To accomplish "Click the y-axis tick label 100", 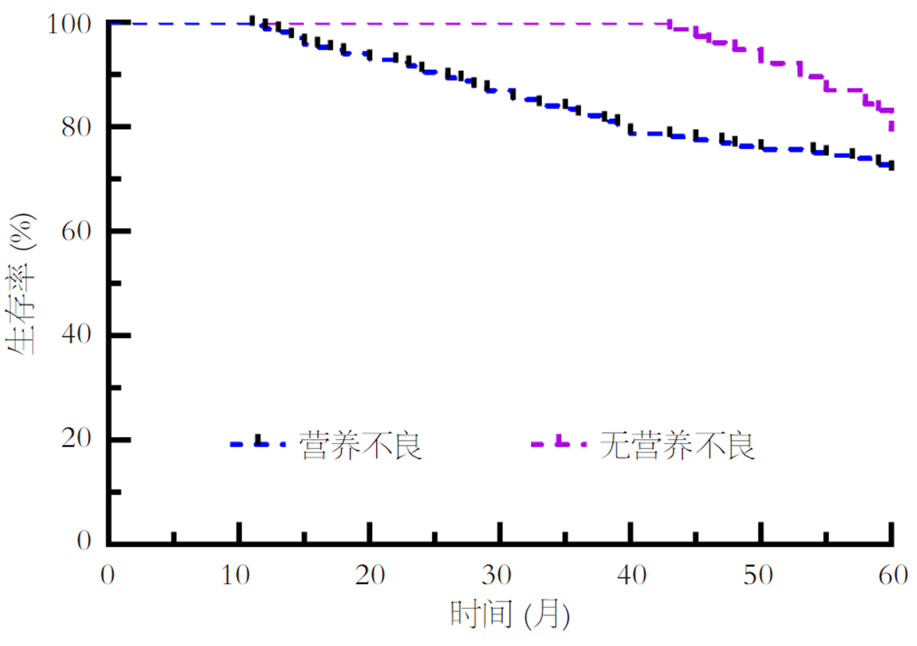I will tap(69, 25).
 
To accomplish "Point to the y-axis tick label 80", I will tap(76, 127).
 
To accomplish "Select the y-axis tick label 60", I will tap(76, 231).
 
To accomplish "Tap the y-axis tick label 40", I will tap(76, 335).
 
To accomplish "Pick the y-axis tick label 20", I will tap(76, 439).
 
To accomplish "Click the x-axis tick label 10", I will tap(236, 575).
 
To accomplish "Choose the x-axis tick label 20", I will tap(370, 575).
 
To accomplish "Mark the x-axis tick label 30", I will tap(497, 575).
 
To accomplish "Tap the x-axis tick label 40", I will tap(631, 575).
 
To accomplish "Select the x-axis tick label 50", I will tap(758, 575).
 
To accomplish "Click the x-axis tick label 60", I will tap(893, 575).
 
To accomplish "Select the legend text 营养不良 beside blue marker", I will tap(360, 445).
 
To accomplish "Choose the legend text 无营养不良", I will tap(678, 445).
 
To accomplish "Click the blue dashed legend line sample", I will tap(258, 444).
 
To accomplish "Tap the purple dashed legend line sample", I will tap(558, 444).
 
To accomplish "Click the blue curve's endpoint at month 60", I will tap(892, 166).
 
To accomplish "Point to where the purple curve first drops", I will tap(670, 25).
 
